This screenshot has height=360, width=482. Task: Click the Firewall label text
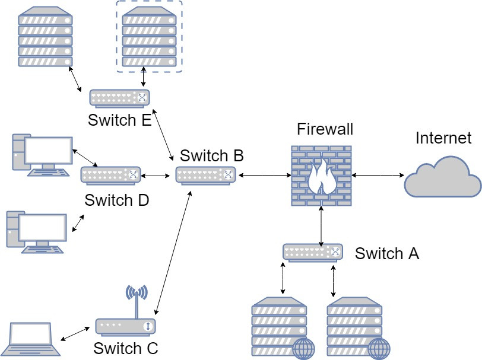click(x=325, y=129)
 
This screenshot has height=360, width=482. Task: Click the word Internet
click(x=443, y=138)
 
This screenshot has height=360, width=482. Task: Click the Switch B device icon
click(x=206, y=175)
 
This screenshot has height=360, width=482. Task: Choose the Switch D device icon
click(x=111, y=175)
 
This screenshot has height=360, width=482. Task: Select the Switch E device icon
click(x=120, y=97)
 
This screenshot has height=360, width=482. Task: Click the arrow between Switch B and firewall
click(x=264, y=175)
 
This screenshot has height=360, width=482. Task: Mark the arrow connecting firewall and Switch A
click(x=321, y=225)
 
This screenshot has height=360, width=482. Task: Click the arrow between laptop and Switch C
click(x=77, y=333)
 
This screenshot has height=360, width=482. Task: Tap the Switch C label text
click(x=125, y=348)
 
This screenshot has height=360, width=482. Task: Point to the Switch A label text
click(x=387, y=254)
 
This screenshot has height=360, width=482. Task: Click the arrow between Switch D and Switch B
click(x=157, y=175)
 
